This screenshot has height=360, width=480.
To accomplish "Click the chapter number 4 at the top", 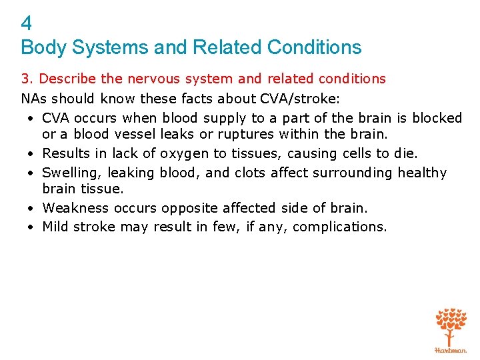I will tap(26, 24).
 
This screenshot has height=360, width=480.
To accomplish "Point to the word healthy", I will tap(422, 173).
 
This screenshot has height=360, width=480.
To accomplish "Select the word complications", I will tap(339, 227).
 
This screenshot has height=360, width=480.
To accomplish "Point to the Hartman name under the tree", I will tap(451, 349).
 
